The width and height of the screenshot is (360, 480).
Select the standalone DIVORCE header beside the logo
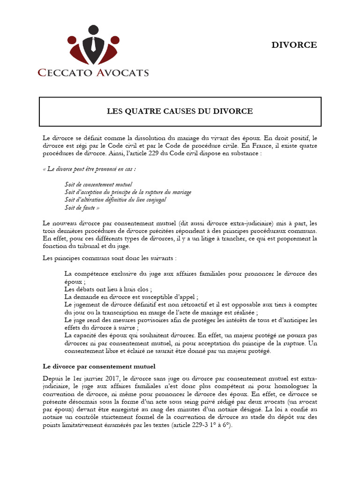click(x=294, y=45)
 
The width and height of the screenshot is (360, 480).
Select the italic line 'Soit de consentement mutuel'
click(x=98, y=185)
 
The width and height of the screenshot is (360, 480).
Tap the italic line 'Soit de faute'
click(x=82, y=207)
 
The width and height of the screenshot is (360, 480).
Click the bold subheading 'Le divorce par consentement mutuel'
click(x=99, y=366)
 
